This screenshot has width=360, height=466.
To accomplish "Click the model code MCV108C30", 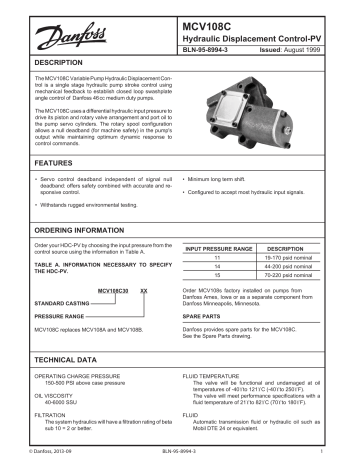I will tap(114, 290).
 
